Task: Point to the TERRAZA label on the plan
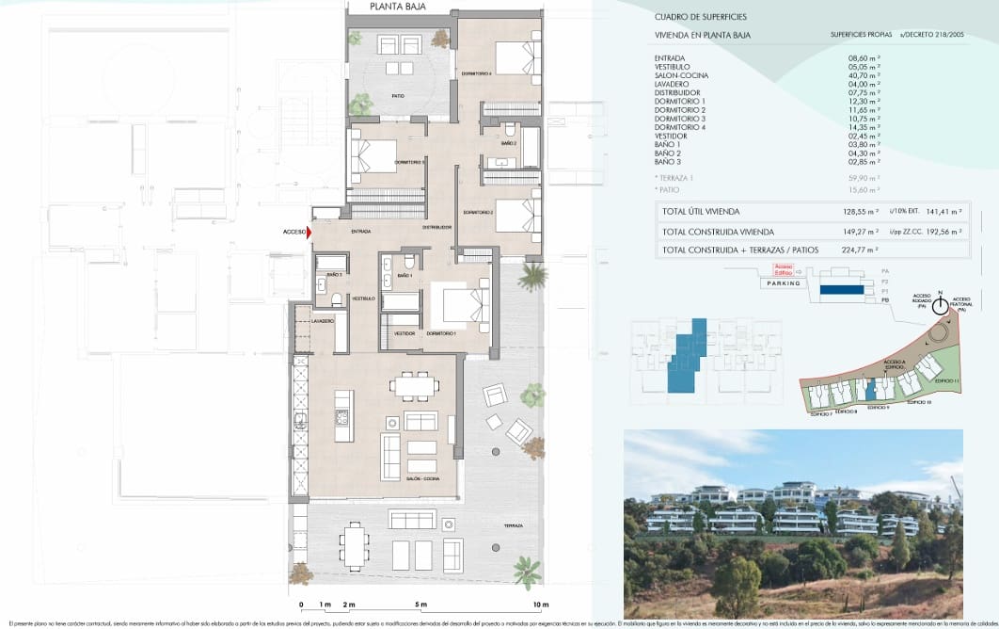512,525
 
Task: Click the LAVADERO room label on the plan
323,321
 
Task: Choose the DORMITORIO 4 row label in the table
679,127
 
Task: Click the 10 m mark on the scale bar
540,604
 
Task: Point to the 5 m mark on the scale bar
420,604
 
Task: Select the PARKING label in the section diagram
784,282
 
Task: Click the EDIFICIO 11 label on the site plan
946,379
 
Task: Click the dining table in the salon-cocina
415,385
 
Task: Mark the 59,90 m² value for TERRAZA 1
864,177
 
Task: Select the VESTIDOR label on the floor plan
404,333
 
